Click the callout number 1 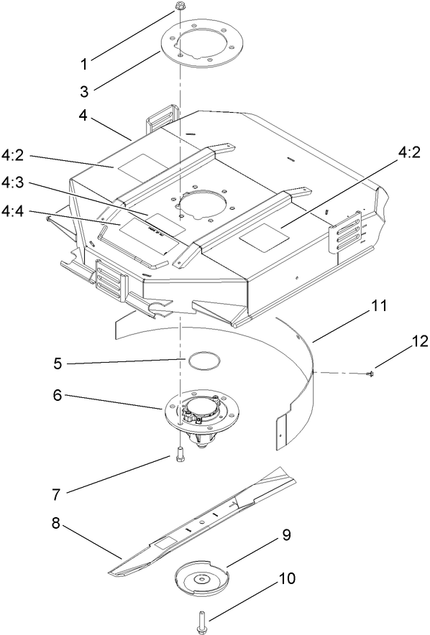[x=84, y=63]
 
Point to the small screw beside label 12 [x=370, y=372]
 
